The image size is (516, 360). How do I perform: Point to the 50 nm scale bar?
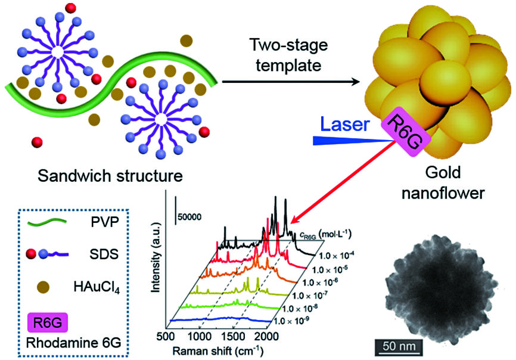[399, 345]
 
